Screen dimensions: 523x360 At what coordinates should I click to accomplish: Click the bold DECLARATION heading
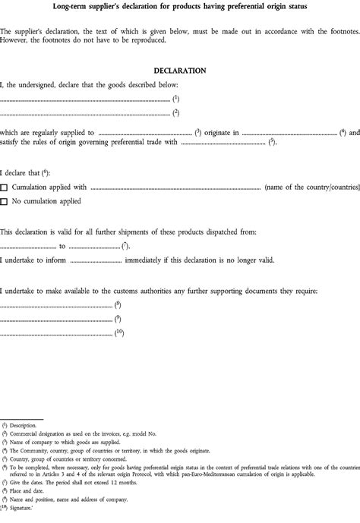point(179,71)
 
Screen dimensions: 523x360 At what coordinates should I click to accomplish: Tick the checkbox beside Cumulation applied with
point(5,187)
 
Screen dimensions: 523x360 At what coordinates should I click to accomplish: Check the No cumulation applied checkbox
point(5,201)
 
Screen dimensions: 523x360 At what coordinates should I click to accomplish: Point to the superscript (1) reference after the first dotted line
point(175,98)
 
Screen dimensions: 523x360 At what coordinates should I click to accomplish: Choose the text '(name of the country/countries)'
point(311,187)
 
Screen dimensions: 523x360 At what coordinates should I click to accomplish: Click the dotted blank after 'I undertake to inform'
point(95,260)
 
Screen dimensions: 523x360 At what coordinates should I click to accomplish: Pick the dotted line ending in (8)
point(55,305)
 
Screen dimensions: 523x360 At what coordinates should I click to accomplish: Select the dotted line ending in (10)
point(55,333)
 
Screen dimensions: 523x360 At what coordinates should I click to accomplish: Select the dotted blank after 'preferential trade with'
point(223,142)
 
